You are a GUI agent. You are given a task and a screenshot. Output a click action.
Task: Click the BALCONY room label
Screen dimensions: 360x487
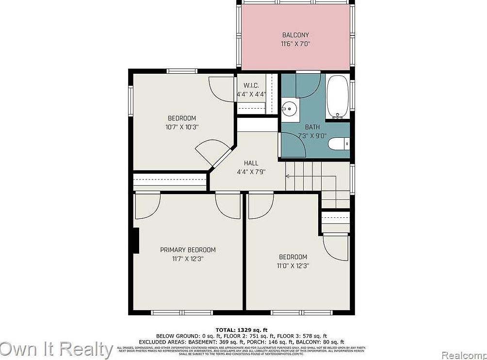pyautogui.click(x=295, y=35)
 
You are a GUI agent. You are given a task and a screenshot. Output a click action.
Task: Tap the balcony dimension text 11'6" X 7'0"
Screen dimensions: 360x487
pyautogui.click(x=295, y=44)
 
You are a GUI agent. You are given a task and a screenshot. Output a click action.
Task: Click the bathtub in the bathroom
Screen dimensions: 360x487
pyautogui.click(x=338, y=96)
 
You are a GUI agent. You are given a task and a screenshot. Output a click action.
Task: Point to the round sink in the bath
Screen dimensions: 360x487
pyautogui.click(x=290, y=109)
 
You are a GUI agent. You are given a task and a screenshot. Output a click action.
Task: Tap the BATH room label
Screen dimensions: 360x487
pyautogui.click(x=312, y=127)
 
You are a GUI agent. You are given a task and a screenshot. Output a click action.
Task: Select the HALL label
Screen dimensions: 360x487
pyautogui.click(x=251, y=163)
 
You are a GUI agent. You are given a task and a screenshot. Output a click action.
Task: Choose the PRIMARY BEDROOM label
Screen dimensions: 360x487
pyautogui.click(x=188, y=250)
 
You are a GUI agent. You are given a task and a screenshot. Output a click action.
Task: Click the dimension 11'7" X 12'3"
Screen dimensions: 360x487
pyautogui.click(x=188, y=259)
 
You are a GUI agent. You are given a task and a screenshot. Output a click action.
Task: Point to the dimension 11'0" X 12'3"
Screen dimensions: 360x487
pyautogui.click(x=293, y=265)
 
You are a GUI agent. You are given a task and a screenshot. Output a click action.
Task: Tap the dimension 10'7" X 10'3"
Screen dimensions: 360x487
pyautogui.click(x=182, y=127)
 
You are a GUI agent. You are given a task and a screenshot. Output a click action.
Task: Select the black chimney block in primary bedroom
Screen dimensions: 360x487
pyautogui.click(x=136, y=240)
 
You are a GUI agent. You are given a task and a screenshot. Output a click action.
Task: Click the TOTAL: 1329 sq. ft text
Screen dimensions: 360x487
pyautogui.click(x=241, y=329)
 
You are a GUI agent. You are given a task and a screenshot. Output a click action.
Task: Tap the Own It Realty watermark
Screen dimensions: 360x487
pyautogui.click(x=57, y=349)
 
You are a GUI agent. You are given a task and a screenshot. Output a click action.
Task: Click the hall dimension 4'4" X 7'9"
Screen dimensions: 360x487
pyautogui.click(x=251, y=172)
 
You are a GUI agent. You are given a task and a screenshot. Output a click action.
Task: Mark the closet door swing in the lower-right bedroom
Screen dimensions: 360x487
pyautogui.click(x=336, y=247)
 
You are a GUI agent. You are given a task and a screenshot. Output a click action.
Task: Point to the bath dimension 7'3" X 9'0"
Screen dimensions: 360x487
pyautogui.click(x=312, y=135)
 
